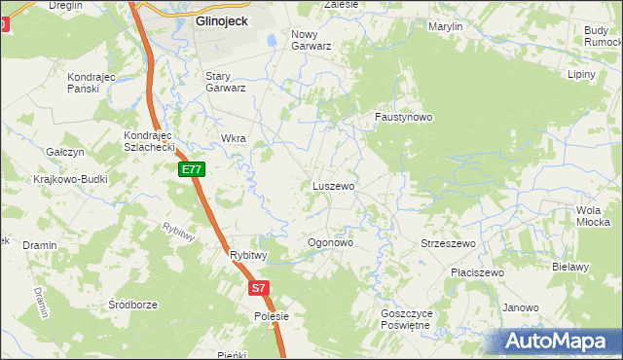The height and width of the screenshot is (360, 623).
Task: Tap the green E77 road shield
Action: click(192, 169)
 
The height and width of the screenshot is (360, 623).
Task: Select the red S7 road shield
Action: click(257, 288)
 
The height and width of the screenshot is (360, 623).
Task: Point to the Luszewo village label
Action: click(333, 185)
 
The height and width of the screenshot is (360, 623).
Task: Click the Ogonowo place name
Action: click(329, 242)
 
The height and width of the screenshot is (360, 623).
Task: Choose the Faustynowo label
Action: click(404, 117)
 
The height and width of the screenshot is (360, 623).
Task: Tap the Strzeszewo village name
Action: click(447, 243)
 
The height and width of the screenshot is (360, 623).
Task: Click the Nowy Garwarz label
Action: click(311, 39)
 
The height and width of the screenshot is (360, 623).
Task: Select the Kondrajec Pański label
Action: click(92, 82)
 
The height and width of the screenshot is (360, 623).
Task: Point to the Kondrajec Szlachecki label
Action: click(148, 140)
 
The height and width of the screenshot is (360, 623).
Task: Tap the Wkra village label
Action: click(234, 138)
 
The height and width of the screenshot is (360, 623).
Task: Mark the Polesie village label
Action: click(272, 316)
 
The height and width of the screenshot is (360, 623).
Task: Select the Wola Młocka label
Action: click(593, 216)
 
